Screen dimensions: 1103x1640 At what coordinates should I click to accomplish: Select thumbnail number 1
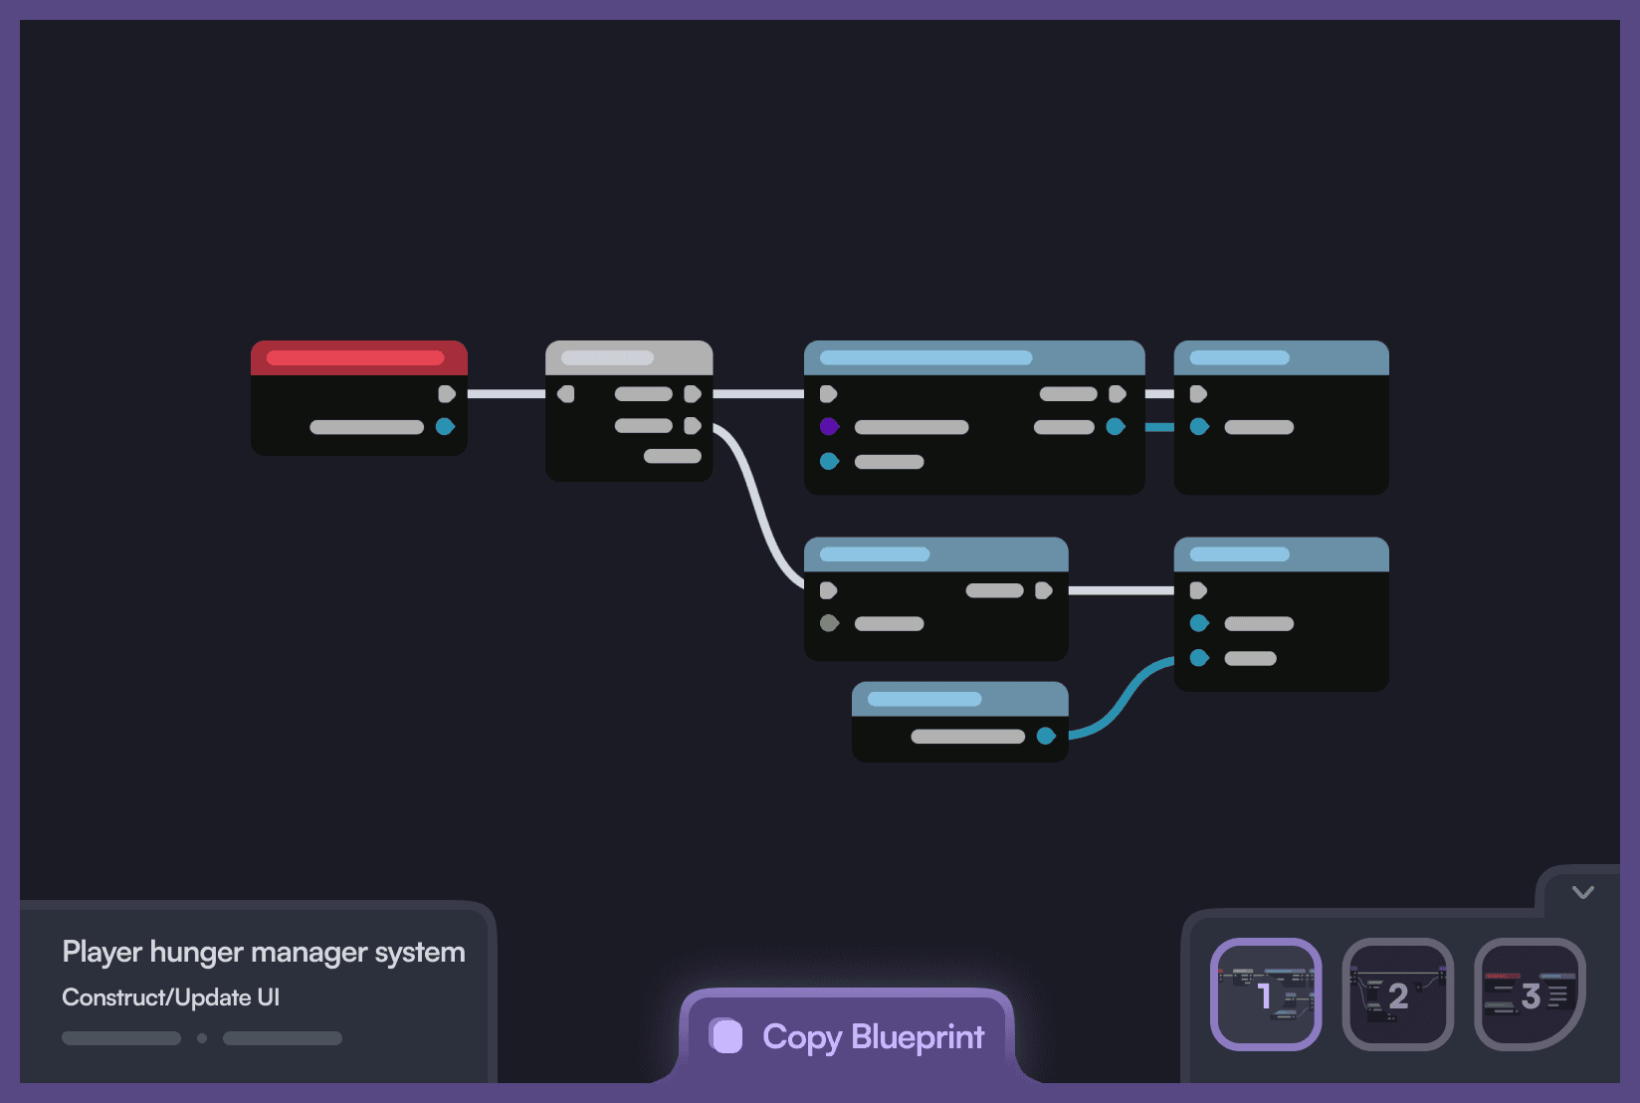[x=1266, y=993]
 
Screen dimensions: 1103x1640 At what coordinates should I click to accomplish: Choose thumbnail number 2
[x=1397, y=993]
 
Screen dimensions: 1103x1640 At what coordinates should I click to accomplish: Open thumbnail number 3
[x=1529, y=993]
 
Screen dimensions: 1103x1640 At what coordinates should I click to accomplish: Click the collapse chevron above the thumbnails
[x=1582, y=892]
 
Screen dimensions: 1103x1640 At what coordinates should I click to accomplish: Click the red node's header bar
[x=358, y=357]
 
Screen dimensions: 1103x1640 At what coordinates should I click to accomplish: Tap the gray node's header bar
[x=629, y=357]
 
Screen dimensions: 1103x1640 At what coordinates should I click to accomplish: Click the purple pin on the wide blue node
[x=829, y=427]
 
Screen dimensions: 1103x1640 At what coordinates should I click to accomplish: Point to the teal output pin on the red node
[x=445, y=427]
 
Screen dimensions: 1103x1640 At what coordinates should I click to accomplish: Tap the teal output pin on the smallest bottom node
[x=1045, y=736]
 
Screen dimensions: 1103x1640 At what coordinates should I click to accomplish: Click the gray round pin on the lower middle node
[x=829, y=623]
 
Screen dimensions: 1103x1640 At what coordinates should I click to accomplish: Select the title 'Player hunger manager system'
[x=264, y=952]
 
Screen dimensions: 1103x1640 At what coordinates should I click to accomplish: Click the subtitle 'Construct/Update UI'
[x=170, y=997]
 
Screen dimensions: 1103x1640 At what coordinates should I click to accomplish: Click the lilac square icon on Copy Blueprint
[x=726, y=1036]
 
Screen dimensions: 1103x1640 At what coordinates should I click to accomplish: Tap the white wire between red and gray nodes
[x=506, y=394]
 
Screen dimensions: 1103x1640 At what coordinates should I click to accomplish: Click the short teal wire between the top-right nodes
[x=1159, y=427]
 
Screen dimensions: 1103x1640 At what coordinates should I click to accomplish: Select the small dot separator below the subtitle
[x=202, y=1038]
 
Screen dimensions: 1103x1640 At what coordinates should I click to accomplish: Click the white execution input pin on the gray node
[x=566, y=394]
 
